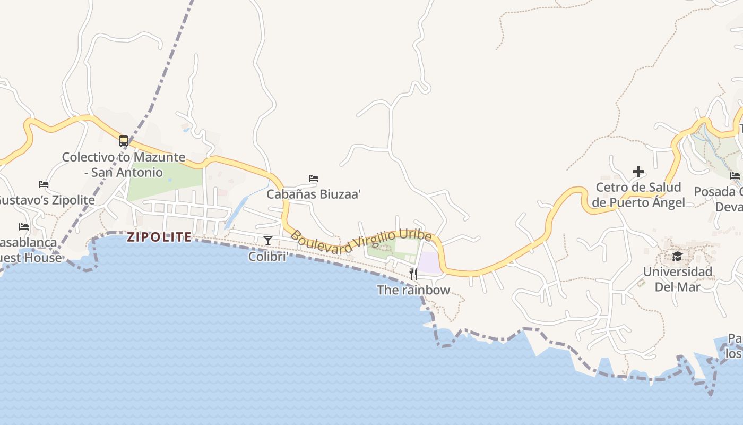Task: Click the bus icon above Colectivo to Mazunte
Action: [x=124, y=141]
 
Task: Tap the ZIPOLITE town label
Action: [x=159, y=237]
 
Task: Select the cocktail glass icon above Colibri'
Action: [x=268, y=241]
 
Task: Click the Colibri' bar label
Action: [x=269, y=257]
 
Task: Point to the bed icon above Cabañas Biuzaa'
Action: [x=314, y=178]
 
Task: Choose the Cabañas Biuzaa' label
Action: [x=314, y=194]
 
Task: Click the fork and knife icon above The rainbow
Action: [x=413, y=274]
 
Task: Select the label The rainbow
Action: [x=413, y=290]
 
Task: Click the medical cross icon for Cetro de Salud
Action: [x=638, y=172]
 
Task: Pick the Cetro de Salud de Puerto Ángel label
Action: [x=638, y=195]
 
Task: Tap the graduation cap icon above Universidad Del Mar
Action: [x=677, y=257]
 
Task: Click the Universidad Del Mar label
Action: [x=678, y=279]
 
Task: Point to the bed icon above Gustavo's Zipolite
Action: [x=44, y=184]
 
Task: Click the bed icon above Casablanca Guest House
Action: [x=24, y=227]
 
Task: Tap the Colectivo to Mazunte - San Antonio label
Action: [x=124, y=165]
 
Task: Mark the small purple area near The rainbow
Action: [x=429, y=262]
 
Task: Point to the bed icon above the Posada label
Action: [x=735, y=176]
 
